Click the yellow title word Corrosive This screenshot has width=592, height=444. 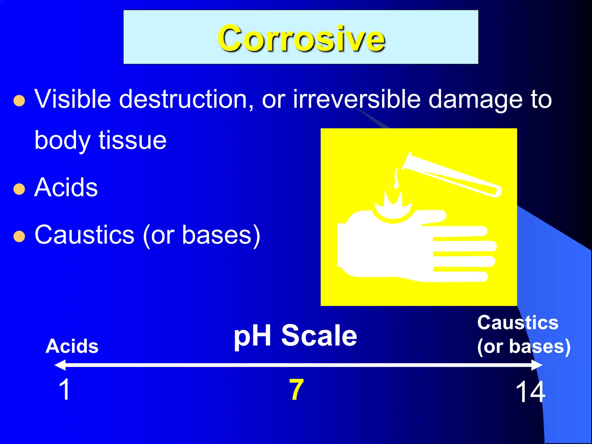(x=301, y=38)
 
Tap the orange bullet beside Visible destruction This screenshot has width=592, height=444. (x=19, y=101)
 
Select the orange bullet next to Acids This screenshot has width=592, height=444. (x=19, y=189)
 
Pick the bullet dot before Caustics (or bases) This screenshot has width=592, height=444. (x=19, y=236)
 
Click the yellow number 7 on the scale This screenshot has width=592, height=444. (x=296, y=390)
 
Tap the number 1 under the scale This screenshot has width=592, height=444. (x=64, y=390)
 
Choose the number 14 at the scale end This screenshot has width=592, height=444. (x=530, y=392)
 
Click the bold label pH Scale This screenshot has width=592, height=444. (x=295, y=336)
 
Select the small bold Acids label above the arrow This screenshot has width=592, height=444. (x=72, y=346)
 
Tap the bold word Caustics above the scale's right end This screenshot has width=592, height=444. (x=517, y=323)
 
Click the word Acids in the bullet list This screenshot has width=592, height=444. (x=66, y=188)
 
